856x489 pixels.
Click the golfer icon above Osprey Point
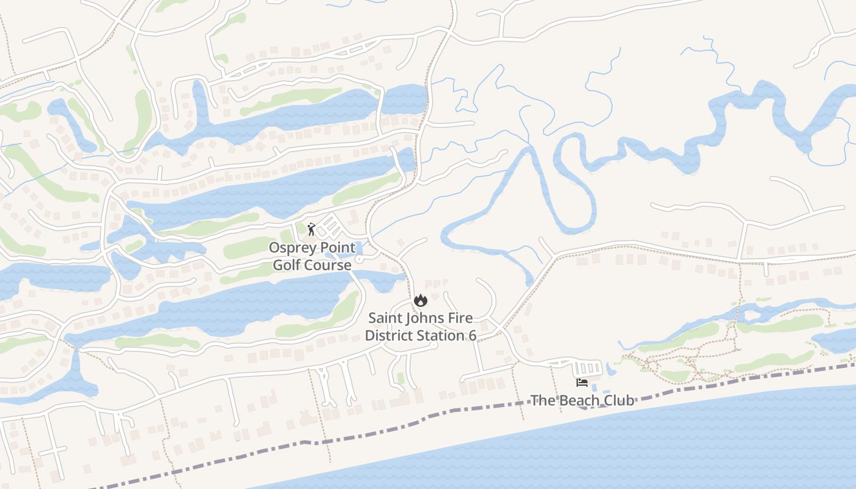coord(311,229)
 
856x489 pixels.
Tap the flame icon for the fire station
coord(420,300)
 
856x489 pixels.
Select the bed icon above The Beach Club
coord(582,383)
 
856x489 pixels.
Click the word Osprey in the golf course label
coord(291,248)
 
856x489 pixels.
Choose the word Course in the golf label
coord(328,265)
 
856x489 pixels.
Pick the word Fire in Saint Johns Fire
coord(460,318)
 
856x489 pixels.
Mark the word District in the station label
coord(388,335)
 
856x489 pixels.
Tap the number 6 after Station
coord(473,335)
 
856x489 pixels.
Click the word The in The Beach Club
coord(541,400)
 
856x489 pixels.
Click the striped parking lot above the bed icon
coord(588,368)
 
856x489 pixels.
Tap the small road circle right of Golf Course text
coord(359,260)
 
